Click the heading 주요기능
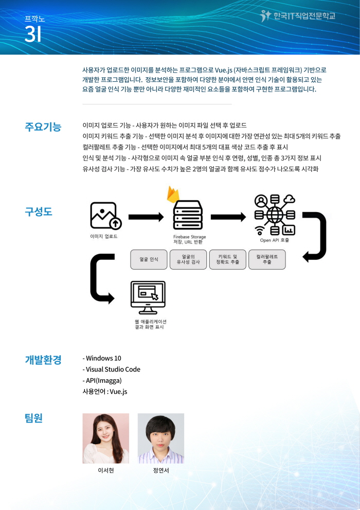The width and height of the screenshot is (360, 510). point(43,127)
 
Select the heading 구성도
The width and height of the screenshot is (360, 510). point(39,212)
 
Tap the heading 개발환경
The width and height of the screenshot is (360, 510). point(43,360)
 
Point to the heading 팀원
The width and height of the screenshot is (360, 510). point(34,418)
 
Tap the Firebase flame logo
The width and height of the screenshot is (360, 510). point(173,194)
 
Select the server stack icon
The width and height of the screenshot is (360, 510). point(188,215)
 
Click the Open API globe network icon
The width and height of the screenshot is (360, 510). point(275,215)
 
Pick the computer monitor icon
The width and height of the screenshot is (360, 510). point(148,297)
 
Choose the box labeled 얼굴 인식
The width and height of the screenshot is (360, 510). point(149,259)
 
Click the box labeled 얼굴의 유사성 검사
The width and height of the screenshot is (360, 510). point(188,259)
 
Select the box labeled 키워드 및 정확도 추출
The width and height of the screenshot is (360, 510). point(227,259)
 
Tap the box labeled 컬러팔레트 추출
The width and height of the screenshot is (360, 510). point(267,259)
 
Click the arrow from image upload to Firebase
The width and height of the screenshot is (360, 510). point(146,217)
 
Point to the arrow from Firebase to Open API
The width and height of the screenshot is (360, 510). point(228,217)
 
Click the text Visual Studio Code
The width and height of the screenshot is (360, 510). point(112,370)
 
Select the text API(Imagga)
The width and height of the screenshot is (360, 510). point(102,380)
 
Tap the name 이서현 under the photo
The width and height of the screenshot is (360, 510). point(106,470)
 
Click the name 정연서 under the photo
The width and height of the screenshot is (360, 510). point(161,470)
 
